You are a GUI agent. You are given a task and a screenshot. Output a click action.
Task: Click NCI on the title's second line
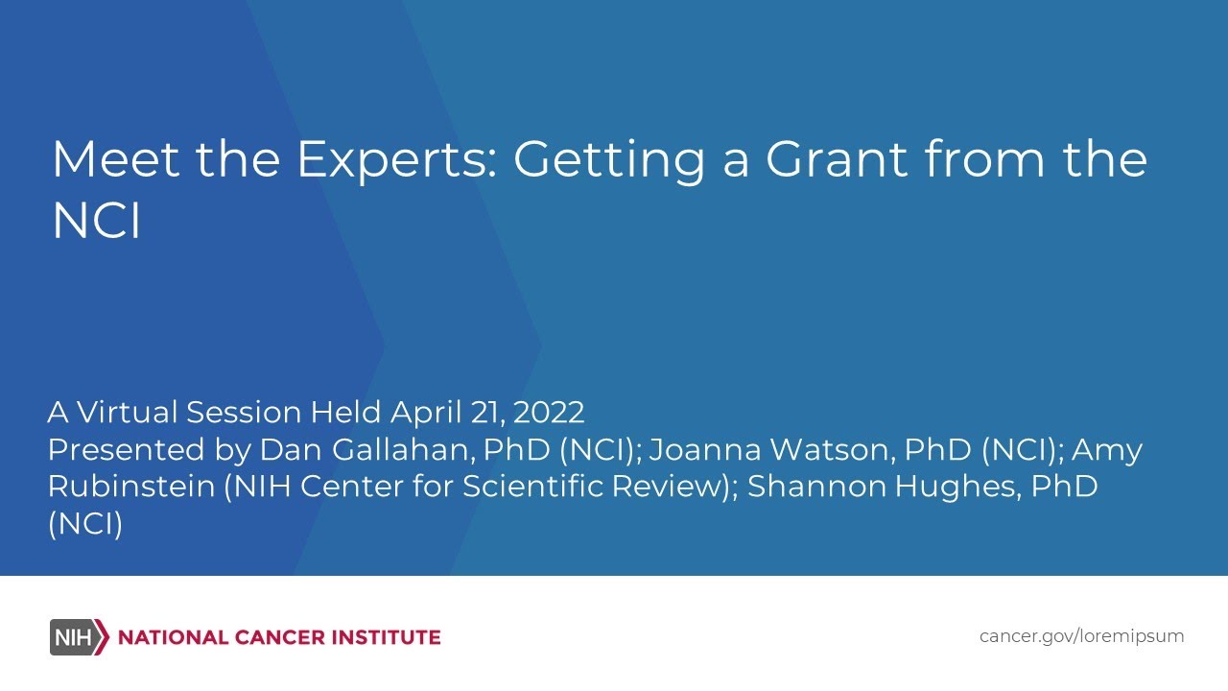(96, 221)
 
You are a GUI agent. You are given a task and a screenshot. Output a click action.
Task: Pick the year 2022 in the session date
(549, 413)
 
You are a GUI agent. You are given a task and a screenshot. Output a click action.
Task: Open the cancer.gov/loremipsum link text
(1081, 636)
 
